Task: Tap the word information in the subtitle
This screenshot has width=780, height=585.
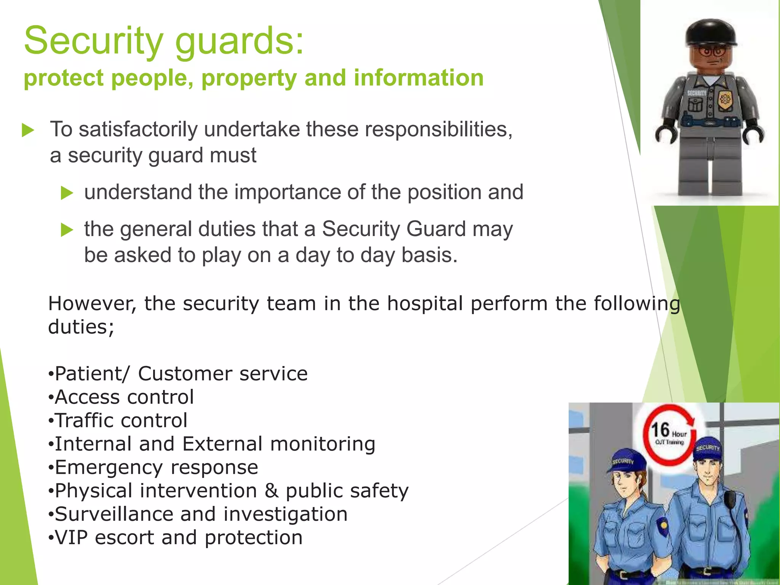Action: click(x=419, y=78)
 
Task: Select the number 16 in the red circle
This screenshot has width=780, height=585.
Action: click(x=660, y=430)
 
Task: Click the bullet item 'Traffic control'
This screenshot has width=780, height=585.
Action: click(x=118, y=420)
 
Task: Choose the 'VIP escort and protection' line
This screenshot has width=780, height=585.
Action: click(x=176, y=537)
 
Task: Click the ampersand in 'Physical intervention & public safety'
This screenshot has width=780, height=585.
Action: click(x=271, y=491)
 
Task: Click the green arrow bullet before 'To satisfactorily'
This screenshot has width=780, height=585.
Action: click(x=28, y=130)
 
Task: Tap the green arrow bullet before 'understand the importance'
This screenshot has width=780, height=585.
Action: click(x=67, y=193)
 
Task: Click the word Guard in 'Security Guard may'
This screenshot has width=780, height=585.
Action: click(x=436, y=229)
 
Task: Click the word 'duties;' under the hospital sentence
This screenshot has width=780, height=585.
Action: click(x=81, y=327)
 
